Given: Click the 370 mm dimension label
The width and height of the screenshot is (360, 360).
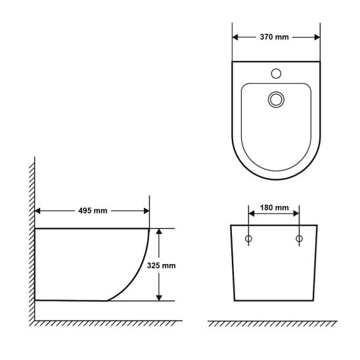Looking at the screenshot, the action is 274,37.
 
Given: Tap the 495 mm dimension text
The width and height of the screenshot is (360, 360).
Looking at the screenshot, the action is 93,211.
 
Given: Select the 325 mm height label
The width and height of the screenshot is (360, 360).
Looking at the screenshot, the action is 161,265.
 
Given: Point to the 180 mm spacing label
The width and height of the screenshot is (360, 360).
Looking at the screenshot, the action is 274,208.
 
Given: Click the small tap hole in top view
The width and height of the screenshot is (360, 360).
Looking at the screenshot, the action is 276,74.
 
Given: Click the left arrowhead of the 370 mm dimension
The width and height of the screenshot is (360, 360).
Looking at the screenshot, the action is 235,37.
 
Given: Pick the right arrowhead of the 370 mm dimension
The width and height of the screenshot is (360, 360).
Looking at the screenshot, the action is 317,37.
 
